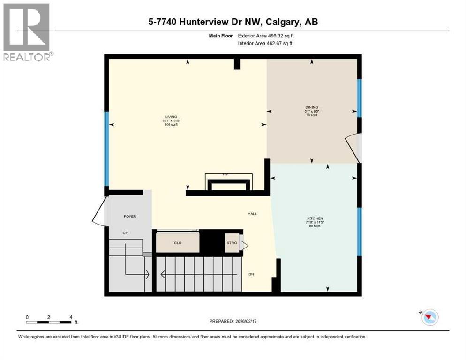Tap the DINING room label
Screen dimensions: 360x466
click(x=311, y=107)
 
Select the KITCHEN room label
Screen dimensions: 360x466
click(x=316, y=218)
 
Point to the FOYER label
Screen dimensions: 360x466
click(x=130, y=216)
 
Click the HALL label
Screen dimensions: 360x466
click(x=252, y=214)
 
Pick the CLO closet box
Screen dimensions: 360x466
click(x=177, y=243)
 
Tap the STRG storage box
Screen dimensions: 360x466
click(x=232, y=243)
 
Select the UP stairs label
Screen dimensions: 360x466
click(x=125, y=232)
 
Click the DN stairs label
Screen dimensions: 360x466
click(x=251, y=274)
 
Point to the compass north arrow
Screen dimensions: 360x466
click(x=429, y=317)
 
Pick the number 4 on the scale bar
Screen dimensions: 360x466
click(x=71, y=317)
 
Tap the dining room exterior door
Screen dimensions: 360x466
click(x=353, y=145)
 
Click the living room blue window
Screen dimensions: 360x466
click(x=107, y=149)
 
